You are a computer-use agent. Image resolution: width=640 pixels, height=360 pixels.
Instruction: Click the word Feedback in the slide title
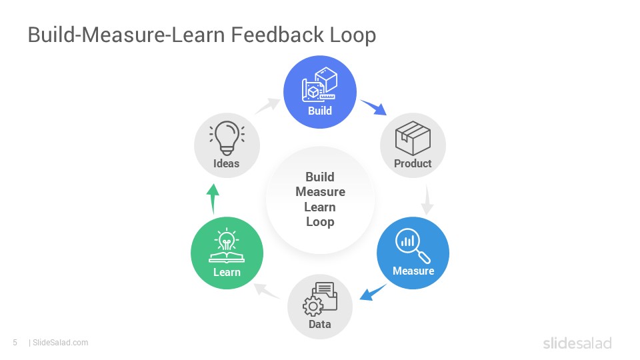[277, 34]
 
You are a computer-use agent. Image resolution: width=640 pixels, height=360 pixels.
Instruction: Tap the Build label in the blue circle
[319, 111]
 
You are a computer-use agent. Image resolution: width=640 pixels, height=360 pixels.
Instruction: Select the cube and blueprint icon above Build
[319, 85]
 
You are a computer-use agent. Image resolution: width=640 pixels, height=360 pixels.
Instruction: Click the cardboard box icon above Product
[413, 138]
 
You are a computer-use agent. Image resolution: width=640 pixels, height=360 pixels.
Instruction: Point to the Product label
[413, 163]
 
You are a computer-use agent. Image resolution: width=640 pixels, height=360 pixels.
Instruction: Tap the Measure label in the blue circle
[413, 271]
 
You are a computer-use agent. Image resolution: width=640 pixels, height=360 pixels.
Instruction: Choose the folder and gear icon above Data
[320, 299]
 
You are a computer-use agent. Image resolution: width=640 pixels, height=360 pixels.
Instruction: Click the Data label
[319, 324]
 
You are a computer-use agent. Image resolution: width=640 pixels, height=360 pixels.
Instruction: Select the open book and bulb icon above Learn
[227, 245]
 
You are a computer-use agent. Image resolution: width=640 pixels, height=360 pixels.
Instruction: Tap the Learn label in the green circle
[227, 272]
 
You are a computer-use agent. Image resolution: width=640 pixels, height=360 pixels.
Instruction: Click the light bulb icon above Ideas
[227, 138]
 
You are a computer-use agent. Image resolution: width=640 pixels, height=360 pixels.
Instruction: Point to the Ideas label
[226, 163]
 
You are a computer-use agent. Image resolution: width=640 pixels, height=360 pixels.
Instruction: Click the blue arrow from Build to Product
[373, 107]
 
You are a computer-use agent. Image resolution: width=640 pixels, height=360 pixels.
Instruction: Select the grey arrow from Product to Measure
[427, 199]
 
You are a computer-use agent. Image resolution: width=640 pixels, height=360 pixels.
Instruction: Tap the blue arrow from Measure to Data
[373, 292]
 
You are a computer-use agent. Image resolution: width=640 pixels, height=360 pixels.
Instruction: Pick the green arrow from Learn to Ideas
[213, 199]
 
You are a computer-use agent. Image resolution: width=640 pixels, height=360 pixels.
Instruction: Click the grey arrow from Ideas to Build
[267, 106]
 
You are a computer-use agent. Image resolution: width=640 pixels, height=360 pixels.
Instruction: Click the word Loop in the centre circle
[320, 222]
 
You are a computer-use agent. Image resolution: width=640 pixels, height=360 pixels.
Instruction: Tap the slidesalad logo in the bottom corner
[577, 343]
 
